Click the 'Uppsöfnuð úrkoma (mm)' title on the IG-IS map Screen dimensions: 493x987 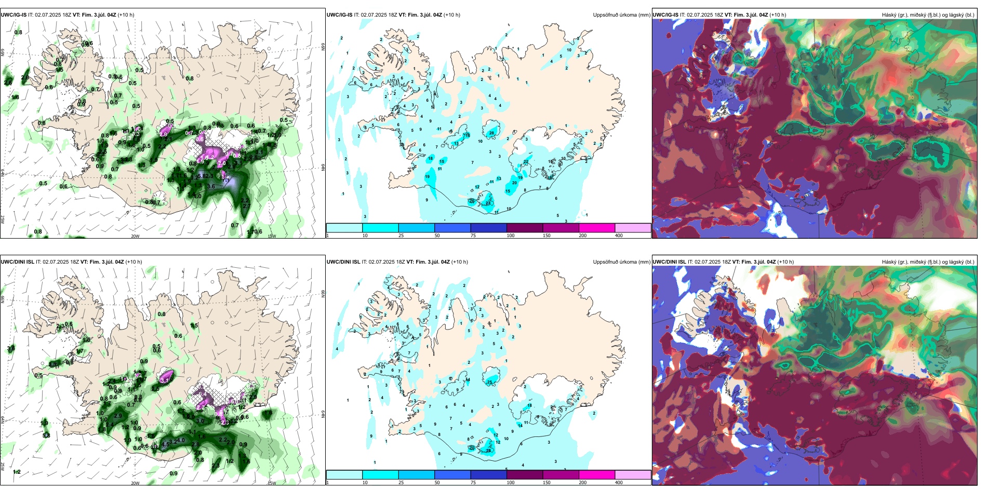pos(621,15)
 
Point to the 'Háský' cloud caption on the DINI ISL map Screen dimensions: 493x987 pos(891,262)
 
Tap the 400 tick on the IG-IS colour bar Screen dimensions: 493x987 pos(619,236)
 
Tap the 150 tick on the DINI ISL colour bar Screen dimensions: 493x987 pos(546,483)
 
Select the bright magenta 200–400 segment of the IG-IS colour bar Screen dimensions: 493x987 pos(597,228)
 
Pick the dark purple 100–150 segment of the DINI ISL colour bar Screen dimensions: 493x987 pos(525,475)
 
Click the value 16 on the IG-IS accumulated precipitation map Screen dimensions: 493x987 pos(468,135)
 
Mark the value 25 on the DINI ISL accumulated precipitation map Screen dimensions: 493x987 pos(490,382)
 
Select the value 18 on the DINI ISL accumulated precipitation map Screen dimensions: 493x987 pos(530,406)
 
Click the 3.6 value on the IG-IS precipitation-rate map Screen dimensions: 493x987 pos(211,186)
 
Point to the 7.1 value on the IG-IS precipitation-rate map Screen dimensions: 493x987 pos(180,176)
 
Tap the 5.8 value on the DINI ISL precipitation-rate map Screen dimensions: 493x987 pos(46,435)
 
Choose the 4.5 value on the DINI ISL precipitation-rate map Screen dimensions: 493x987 pos(165,445)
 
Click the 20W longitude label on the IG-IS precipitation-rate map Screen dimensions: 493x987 pos(135,236)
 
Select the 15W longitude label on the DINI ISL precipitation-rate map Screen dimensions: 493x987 pos(272,483)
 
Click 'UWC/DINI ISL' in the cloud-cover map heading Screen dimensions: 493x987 pos(670,262)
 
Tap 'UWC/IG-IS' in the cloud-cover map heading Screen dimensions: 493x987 pos(665,15)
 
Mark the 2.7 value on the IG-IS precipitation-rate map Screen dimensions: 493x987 pos(246,207)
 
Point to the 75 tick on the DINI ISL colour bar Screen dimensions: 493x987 pos(473,483)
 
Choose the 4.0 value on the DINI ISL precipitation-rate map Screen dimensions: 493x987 pos(180,441)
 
